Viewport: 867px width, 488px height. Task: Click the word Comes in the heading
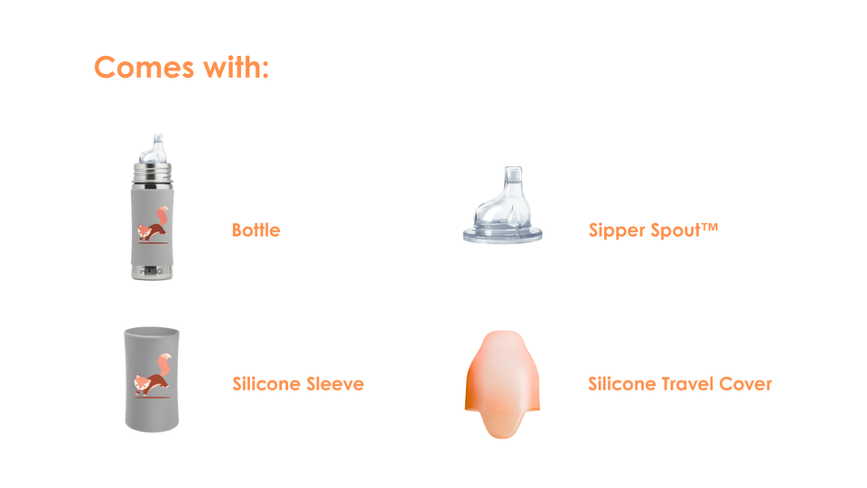144,68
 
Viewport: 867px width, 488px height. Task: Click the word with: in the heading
236,68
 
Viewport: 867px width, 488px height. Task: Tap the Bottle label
256,230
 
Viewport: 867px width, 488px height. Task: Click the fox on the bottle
154,226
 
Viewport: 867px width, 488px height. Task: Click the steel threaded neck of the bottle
152,175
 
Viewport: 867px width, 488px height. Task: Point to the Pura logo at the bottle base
152,271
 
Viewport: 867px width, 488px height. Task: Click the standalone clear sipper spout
503,205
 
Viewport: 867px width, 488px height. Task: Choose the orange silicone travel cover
503,384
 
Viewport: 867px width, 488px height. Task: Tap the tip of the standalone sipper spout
513,169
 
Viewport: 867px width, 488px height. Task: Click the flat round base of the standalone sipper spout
503,235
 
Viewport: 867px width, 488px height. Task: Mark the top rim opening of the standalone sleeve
152,332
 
